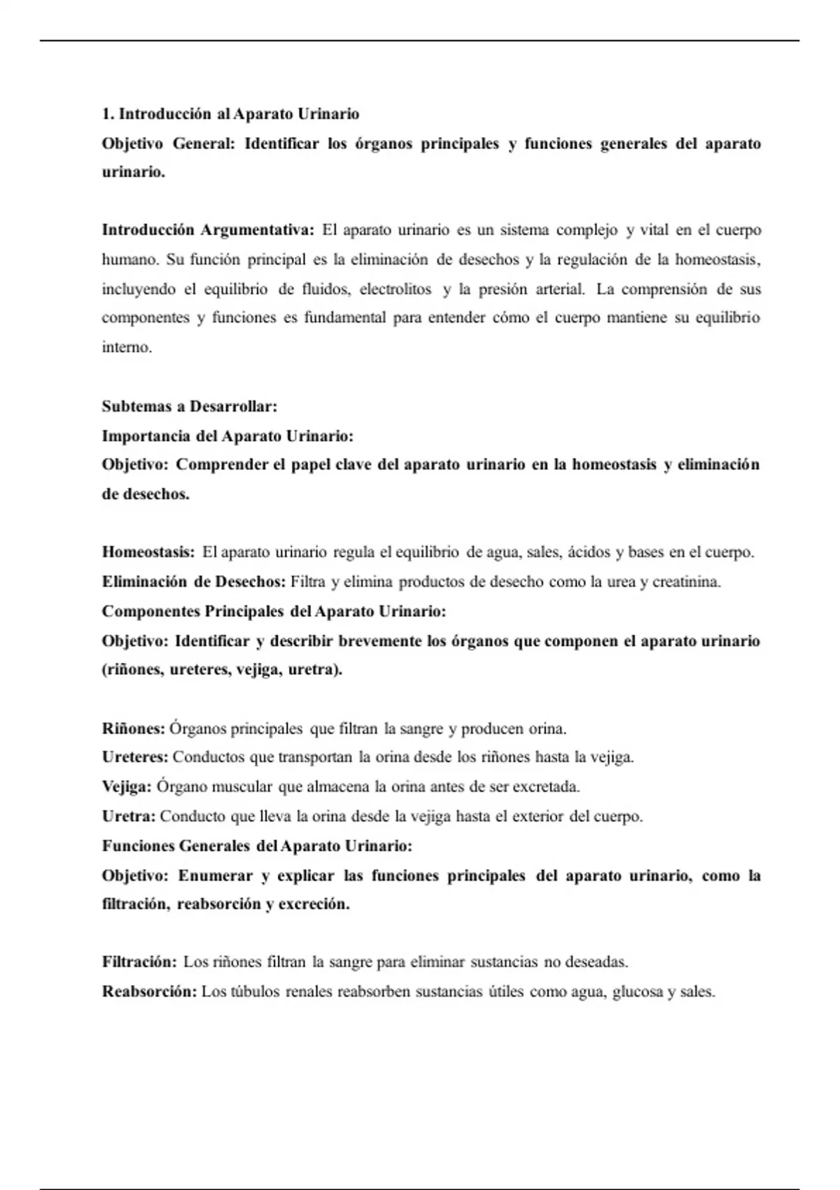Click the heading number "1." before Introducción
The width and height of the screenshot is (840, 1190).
click(108, 114)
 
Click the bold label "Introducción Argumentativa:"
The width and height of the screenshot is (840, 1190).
click(208, 230)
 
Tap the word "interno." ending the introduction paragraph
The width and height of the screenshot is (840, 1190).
click(127, 347)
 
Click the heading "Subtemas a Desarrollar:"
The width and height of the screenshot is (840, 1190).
click(190, 406)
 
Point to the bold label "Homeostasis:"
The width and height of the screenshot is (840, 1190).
click(148, 552)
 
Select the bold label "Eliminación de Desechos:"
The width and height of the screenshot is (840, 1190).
click(194, 582)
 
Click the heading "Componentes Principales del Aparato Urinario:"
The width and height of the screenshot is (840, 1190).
click(274, 611)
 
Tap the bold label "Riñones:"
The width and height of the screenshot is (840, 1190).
click(133, 729)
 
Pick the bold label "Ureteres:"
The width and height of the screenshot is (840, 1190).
click(135, 757)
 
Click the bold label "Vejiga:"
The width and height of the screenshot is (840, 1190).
click(127, 787)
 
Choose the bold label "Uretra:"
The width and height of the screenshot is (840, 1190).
click(129, 816)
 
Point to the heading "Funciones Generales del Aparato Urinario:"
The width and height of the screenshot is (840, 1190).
click(257, 846)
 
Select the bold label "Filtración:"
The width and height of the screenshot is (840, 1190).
click(139, 962)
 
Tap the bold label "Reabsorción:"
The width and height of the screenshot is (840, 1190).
click(149, 992)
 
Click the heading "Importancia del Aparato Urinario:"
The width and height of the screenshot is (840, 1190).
click(227, 436)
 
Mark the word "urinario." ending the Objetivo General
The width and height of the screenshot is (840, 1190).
click(134, 172)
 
